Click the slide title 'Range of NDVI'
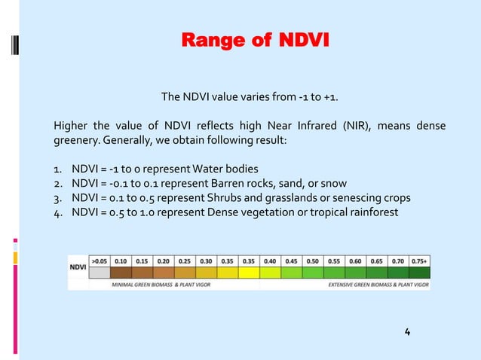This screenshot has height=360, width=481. tap(255, 39)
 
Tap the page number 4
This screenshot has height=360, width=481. tap(407, 332)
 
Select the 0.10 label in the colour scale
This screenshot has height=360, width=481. tap(121, 259)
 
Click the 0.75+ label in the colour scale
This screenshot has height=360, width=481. tap(418, 259)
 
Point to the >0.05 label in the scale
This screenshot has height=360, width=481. tap(100, 259)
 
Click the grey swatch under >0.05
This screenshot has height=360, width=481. tap(100, 271)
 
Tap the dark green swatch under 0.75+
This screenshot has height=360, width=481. tap(418, 271)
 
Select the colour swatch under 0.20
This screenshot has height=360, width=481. tap(164, 271)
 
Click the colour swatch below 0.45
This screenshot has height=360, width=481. tap(291, 271)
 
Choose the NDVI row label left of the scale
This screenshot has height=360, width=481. tap(78, 266)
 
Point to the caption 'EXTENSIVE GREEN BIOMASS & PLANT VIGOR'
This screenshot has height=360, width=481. tap(377, 285)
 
